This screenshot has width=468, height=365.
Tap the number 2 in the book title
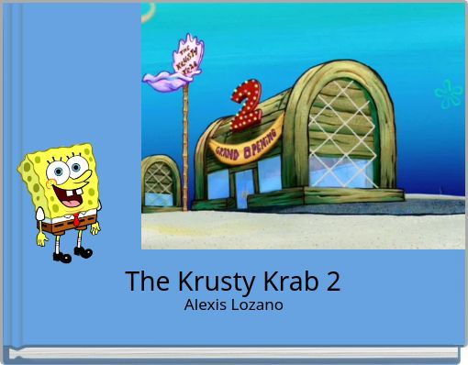tap(332, 282)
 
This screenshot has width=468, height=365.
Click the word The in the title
tap(143, 282)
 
